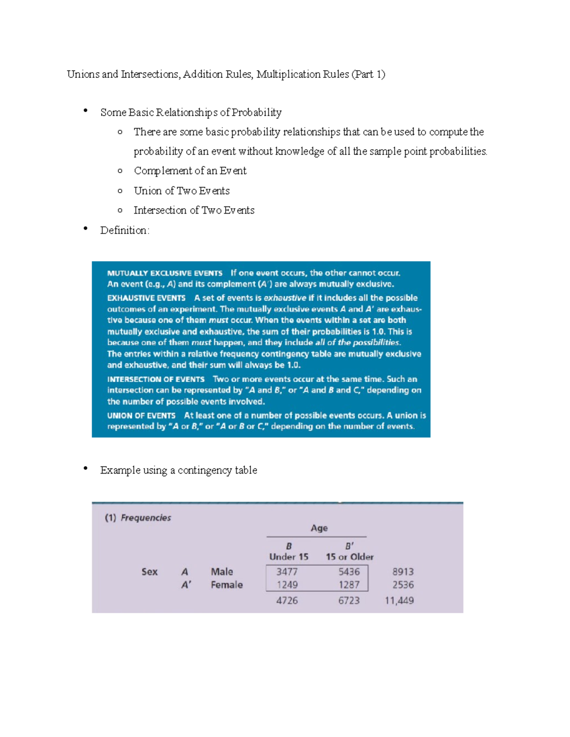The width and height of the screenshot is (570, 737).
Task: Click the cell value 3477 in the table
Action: click(287, 571)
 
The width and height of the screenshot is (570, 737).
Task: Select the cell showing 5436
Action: click(349, 571)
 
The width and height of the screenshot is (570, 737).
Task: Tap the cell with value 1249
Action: click(287, 585)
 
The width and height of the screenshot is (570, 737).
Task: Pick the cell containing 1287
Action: click(349, 585)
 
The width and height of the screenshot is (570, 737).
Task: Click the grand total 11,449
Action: click(399, 600)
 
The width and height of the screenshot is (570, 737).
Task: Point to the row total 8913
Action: click(403, 571)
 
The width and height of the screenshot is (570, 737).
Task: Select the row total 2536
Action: click(403, 585)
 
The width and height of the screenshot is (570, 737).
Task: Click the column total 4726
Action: click(287, 600)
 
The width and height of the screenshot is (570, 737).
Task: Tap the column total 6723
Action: click(349, 600)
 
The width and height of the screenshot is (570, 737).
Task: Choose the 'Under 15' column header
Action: click(289, 557)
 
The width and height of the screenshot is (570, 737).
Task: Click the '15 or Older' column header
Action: click(350, 557)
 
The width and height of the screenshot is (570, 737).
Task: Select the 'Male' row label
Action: click(222, 571)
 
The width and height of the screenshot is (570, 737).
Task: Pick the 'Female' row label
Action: click(227, 585)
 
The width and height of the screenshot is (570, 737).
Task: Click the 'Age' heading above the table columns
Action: click(319, 528)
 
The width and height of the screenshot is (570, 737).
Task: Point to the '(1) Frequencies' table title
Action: click(138, 517)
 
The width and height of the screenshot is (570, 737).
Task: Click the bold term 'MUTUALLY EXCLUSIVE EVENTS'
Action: click(165, 273)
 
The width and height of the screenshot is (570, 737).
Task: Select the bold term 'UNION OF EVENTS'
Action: click(141, 415)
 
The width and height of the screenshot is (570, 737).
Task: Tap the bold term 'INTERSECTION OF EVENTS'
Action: click(156, 379)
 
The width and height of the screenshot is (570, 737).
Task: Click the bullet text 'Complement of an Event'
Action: click(190, 171)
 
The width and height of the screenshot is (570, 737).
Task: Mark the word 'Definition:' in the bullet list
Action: click(124, 230)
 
